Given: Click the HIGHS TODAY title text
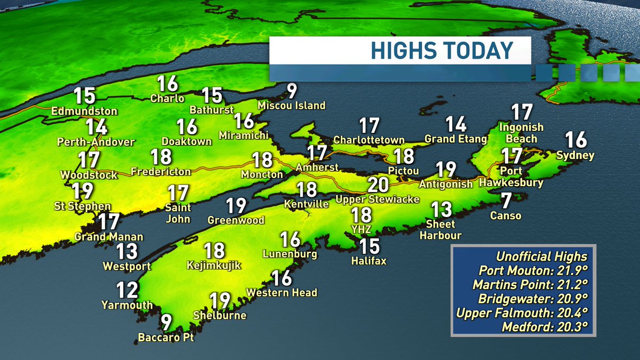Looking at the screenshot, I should pyautogui.click(x=442, y=51).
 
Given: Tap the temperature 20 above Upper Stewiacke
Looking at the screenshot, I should pyautogui.click(x=378, y=185).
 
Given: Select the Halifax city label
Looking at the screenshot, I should pyautogui.click(x=369, y=261).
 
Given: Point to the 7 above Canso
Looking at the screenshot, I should pyautogui.click(x=506, y=201).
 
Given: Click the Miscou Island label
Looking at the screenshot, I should pyautogui.click(x=292, y=106).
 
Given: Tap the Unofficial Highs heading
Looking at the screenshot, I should pyautogui.click(x=541, y=255).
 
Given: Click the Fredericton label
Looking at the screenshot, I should pyautogui.click(x=161, y=171).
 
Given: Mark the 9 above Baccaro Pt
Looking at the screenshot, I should pyautogui.click(x=167, y=322).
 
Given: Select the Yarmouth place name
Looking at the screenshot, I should pyautogui.click(x=127, y=305).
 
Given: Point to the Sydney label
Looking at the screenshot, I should pyautogui.click(x=575, y=156).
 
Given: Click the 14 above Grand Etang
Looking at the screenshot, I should pyautogui.click(x=456, y=124).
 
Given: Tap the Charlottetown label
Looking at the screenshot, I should pyautogui.click(x=369, y=140).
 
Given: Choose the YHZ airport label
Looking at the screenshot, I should pyautogui.click(x=361, y=229).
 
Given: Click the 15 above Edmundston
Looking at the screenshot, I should pyautogui.click(x=84, y=96).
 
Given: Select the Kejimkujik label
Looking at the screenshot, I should pyautogui.click(x=214, y=265).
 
